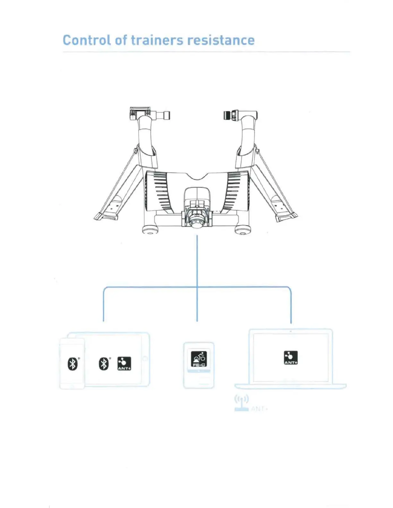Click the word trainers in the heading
coord(157,40)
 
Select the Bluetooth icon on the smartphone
coord(73,364)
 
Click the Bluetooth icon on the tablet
coord(103,364)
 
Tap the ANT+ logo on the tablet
coord(124,364)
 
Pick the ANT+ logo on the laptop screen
coord(291,358)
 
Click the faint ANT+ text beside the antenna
coord(259,409)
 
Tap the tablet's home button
coord(145,359)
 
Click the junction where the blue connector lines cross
coord(197,287)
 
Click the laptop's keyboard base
coord(290,386)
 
